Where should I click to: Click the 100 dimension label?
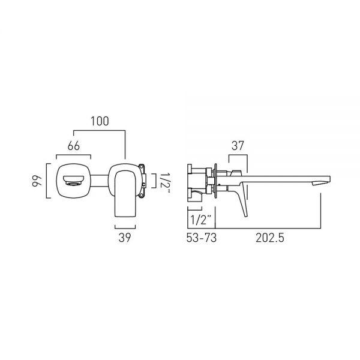click(100, 121)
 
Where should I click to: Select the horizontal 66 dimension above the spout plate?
click(74, 146)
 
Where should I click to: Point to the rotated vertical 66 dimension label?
click(37, 181)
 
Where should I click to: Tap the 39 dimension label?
click(125, 238)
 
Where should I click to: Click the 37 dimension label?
click(238, 146)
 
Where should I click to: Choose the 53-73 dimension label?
click(202, 238)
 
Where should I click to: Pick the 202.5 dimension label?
click(270, 238)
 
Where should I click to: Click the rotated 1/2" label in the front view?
click(164, 184)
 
